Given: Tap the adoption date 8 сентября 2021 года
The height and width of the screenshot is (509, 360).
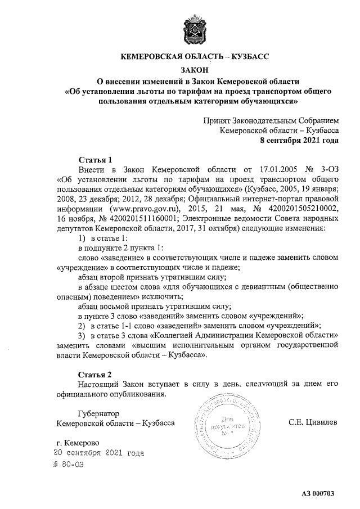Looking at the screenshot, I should pos(298,140).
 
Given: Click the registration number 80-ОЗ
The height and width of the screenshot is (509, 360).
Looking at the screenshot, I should pos(72,465).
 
